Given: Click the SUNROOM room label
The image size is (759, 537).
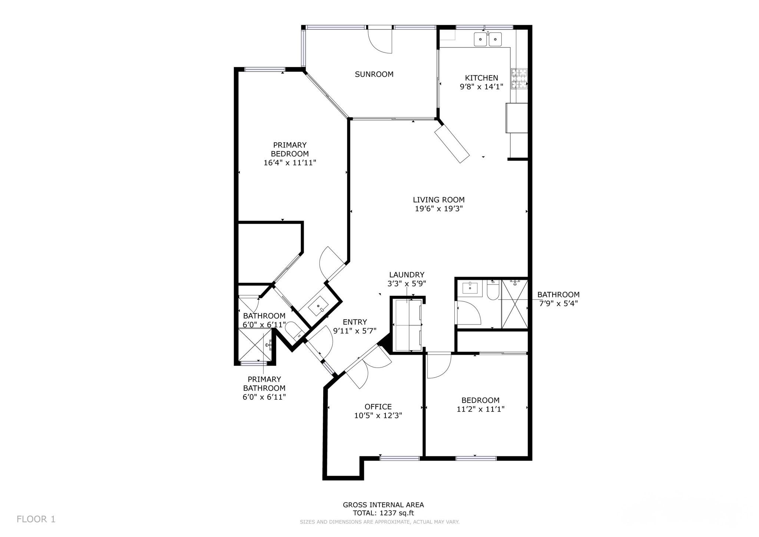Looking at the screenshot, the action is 374,74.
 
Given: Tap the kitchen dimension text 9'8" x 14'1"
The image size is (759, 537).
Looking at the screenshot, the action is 481,87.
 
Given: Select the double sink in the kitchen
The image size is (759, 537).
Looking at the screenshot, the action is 488,39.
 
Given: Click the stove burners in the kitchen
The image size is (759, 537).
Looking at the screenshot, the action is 519,79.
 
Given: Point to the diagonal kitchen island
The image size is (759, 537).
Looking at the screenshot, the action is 452,144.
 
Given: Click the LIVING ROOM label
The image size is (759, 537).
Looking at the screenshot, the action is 439,200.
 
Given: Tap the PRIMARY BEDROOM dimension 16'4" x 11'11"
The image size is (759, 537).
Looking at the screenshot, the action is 290,162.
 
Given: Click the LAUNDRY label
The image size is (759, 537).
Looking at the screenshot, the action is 407,275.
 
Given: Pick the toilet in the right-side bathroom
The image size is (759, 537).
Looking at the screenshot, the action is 493,290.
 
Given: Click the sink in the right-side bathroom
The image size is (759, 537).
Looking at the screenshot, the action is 470,287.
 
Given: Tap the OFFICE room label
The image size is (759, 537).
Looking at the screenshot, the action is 378,407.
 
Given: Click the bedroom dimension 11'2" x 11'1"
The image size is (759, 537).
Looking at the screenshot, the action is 480,409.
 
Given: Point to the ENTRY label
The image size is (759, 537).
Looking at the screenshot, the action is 355,322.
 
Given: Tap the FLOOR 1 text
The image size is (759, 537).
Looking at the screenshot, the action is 36,519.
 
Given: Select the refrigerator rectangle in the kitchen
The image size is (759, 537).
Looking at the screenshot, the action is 517,118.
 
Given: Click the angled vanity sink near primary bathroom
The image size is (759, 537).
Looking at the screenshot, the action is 318,306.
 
